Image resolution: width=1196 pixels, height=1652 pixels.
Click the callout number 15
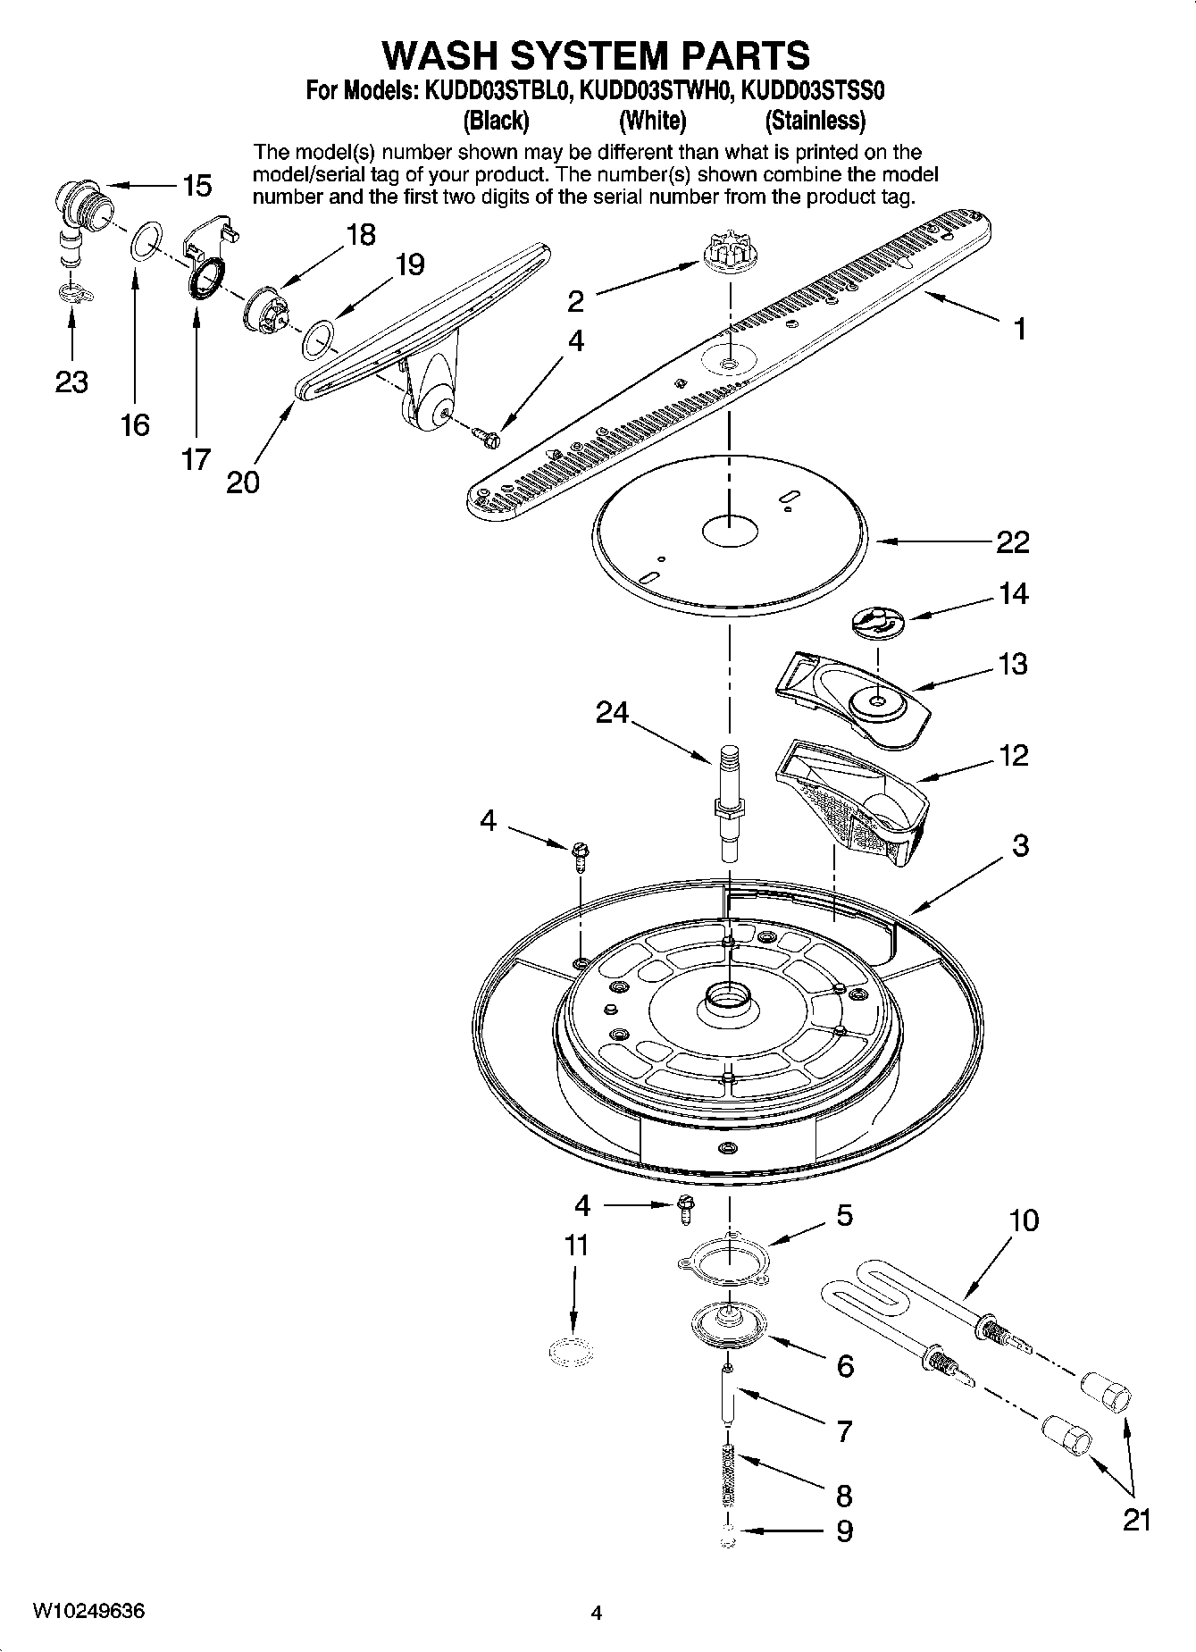(197, 186)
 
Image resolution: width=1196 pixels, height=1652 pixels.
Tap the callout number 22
(1012, 542)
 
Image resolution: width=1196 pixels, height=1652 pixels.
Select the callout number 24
(612, 712)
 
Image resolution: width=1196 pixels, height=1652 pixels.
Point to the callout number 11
(577, 1245)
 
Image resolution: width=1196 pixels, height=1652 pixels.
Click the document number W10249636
(89, 1611)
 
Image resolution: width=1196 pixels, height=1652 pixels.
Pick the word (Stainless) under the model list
(815, 121)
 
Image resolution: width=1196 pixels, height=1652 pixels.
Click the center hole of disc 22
(730, 531)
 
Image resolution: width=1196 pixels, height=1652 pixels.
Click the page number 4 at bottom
(597, 1613)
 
